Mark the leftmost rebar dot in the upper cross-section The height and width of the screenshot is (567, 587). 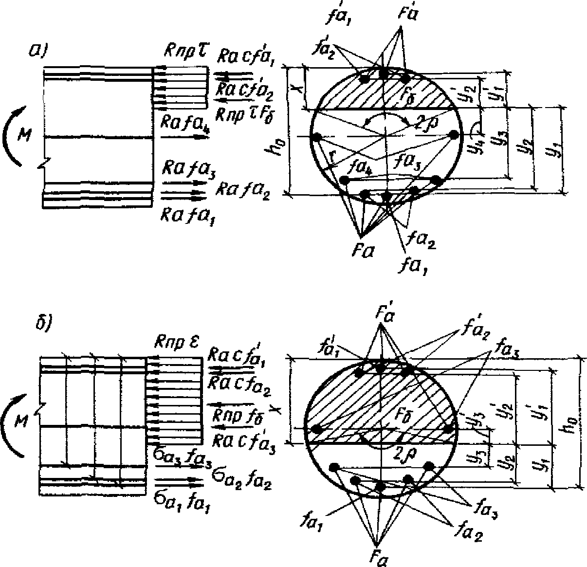pyautogui.click(x=316, y=138)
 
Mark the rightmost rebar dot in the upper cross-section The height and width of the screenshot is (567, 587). pyautogui.click(x=455, y=135)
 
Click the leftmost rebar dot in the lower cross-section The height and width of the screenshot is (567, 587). pyautogui.click(x=317, y=429)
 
